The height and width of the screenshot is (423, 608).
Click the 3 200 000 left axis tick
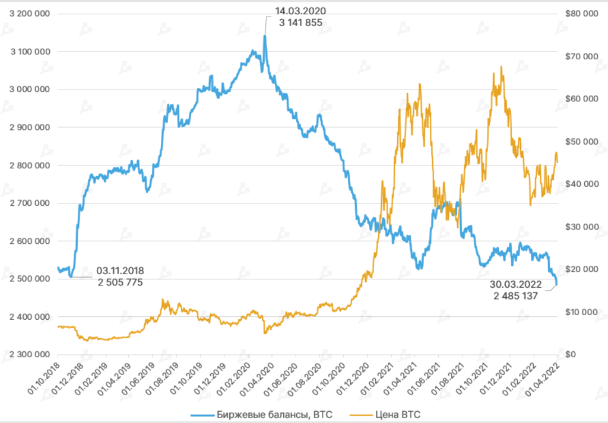tap(30, 14)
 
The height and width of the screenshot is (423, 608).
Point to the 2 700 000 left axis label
tap(30, 203)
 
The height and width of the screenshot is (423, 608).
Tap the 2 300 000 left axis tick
tap(30, 355)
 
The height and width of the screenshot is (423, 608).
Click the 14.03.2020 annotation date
tap(300, 11)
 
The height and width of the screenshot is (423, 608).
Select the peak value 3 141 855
tap(300, 23)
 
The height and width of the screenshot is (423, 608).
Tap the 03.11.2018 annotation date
tap(119, 271)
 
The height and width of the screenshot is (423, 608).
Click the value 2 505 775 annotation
tap(119, 282)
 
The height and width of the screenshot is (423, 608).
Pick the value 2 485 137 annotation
tap(515, 295)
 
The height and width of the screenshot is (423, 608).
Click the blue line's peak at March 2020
tap(264, 36)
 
